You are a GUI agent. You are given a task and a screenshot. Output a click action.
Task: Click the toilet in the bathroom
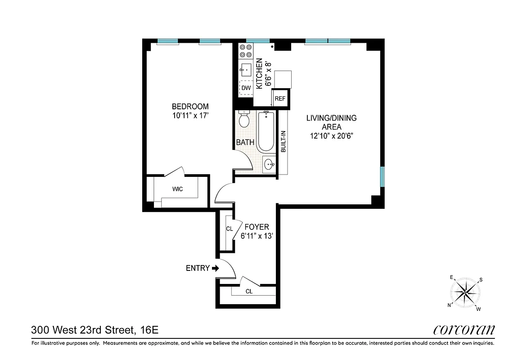[244, 120]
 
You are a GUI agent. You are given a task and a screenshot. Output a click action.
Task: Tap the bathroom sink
[269, 164]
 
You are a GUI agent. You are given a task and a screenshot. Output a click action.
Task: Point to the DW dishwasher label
[246, 88]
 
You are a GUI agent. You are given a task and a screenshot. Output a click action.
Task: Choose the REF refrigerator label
[280, 99]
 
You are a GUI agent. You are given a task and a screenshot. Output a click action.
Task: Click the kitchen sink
[246, 69]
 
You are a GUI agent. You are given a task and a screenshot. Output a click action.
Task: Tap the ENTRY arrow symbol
[215, 268]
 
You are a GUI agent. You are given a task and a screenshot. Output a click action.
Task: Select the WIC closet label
[177, 189]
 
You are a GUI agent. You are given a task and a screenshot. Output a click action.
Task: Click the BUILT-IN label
[284, 142]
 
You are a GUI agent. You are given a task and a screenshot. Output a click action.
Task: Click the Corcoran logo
[464, 330]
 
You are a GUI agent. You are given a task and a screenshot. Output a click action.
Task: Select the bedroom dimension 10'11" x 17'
[190, 115]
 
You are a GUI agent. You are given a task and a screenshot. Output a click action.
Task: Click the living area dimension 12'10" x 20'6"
[331, 136]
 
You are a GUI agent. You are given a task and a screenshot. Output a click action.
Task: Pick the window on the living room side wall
[383, 176]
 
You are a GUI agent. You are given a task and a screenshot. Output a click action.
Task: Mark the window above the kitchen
[258, 41]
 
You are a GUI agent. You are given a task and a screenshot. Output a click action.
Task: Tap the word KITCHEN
[259, 73]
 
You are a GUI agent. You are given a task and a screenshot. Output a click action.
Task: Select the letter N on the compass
[449, 305]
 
